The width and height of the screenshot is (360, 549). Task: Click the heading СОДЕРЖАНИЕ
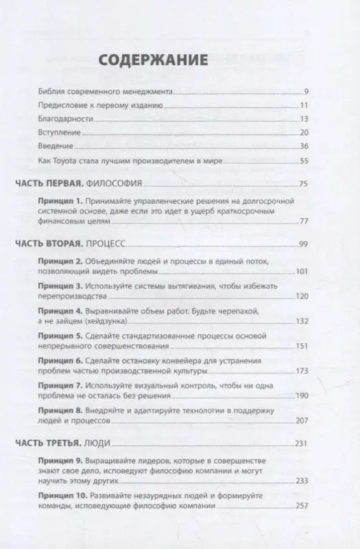154,60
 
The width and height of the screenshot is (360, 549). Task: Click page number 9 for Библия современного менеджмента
307,91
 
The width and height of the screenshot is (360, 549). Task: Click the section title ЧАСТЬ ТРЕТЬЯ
47,443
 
